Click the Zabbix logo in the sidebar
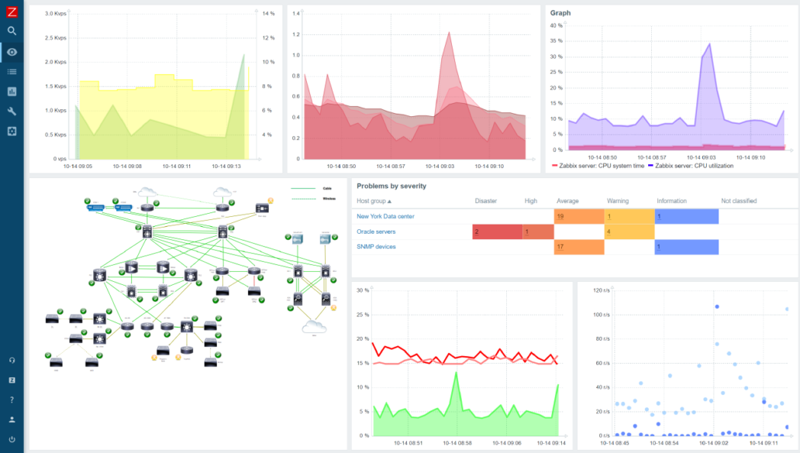tap(12, 11)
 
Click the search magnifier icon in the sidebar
tap(12, 31)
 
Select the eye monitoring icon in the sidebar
tap(12, 52)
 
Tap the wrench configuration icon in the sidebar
tap(12, 111)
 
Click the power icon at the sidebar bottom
tap(12, 439)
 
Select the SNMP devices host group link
tap(376, 247)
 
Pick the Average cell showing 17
tap(578, 247)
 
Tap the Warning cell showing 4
tap(629, 232)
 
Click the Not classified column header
tap(739, 201)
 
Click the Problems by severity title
tap(391, 186)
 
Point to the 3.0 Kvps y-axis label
tap(55, 14)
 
